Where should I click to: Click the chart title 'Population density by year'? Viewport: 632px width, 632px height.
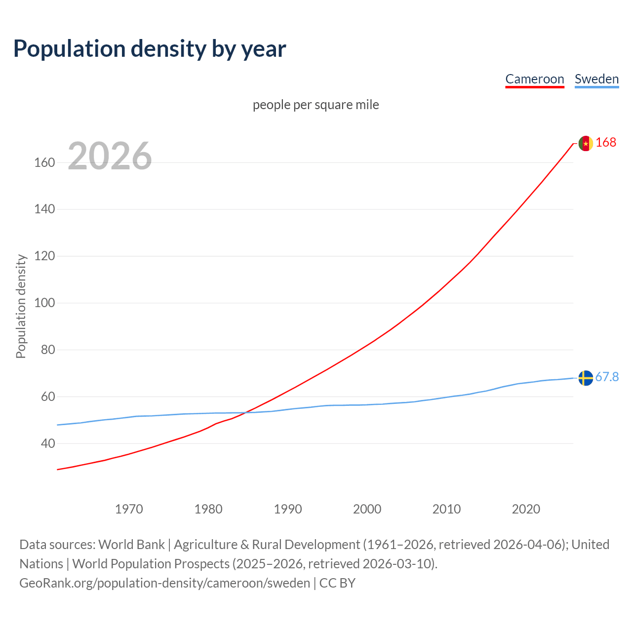(x=150, y=49)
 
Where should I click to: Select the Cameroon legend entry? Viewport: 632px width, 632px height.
(x=534, y=79)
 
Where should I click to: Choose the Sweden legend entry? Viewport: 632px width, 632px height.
(x=596, y=79)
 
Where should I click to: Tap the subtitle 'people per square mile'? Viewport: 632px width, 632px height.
(x=316, y=105)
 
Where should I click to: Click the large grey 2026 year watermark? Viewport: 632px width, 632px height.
(x=110, y=156)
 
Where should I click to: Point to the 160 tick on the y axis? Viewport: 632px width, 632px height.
(x=44, y=162)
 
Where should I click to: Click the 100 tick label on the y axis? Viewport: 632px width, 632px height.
(x=44, y=303)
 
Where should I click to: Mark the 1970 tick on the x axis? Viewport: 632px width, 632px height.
(x=129, y=509)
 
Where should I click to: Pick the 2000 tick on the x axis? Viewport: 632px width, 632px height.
(x=367, y=509)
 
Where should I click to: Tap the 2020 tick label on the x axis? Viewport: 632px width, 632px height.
(x=526, y=509)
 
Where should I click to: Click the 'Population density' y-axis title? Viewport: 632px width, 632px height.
(x=21, y=306)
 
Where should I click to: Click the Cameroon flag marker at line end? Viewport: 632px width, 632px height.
(x=586, y=143)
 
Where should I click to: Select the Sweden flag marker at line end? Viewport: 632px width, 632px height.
(x=586, y=378)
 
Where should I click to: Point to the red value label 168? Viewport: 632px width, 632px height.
(x=606, y=142)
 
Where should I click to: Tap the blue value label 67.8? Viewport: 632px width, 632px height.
(x=607, y=377)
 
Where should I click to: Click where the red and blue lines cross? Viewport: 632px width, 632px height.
(x=245, y=412)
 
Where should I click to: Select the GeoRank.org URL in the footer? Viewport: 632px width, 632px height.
(x=164, y=583)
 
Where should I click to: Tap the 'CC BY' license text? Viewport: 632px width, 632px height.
(x=337, y=583)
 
